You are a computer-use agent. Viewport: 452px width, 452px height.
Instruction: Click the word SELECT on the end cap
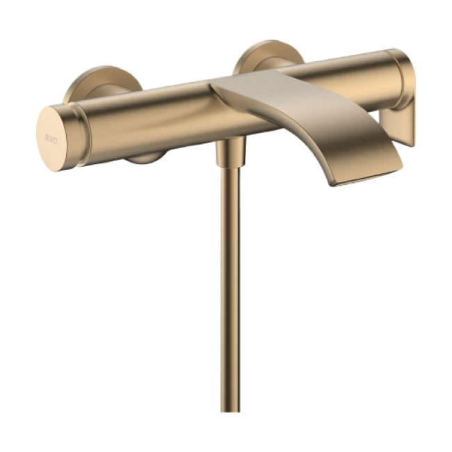[x=51, y=138]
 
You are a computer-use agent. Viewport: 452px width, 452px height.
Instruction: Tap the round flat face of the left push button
[x=52, y=138]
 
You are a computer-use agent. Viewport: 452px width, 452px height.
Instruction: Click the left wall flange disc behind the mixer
[x=102, y=84]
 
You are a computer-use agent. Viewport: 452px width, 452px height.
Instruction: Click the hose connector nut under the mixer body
[x=231, y=152]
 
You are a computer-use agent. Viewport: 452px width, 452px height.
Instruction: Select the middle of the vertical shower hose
[x=230, y=289]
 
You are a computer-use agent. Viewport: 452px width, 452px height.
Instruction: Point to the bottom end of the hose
[x=230, y=411]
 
